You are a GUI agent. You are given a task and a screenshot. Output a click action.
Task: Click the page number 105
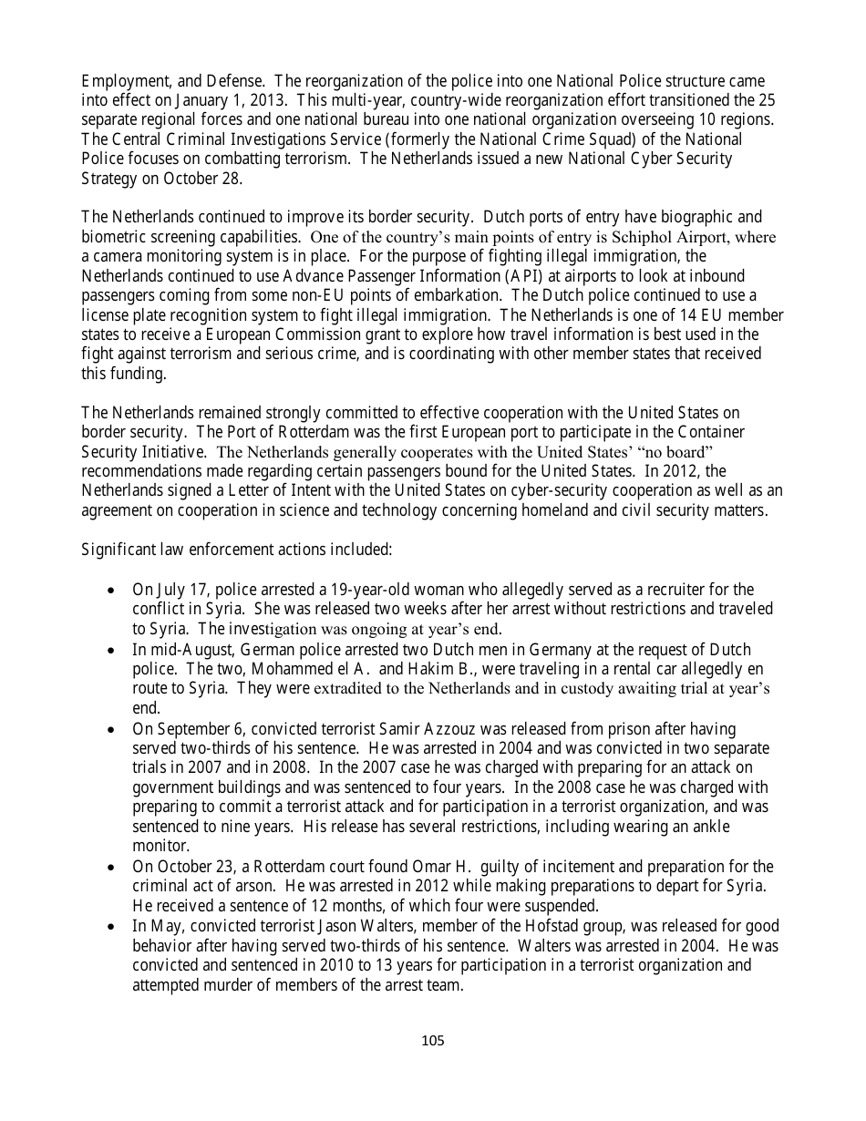coord(433,1041)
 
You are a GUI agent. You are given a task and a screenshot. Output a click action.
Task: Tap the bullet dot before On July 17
coord(111,591)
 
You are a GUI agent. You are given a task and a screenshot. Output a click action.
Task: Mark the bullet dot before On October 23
coord(111,867)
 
